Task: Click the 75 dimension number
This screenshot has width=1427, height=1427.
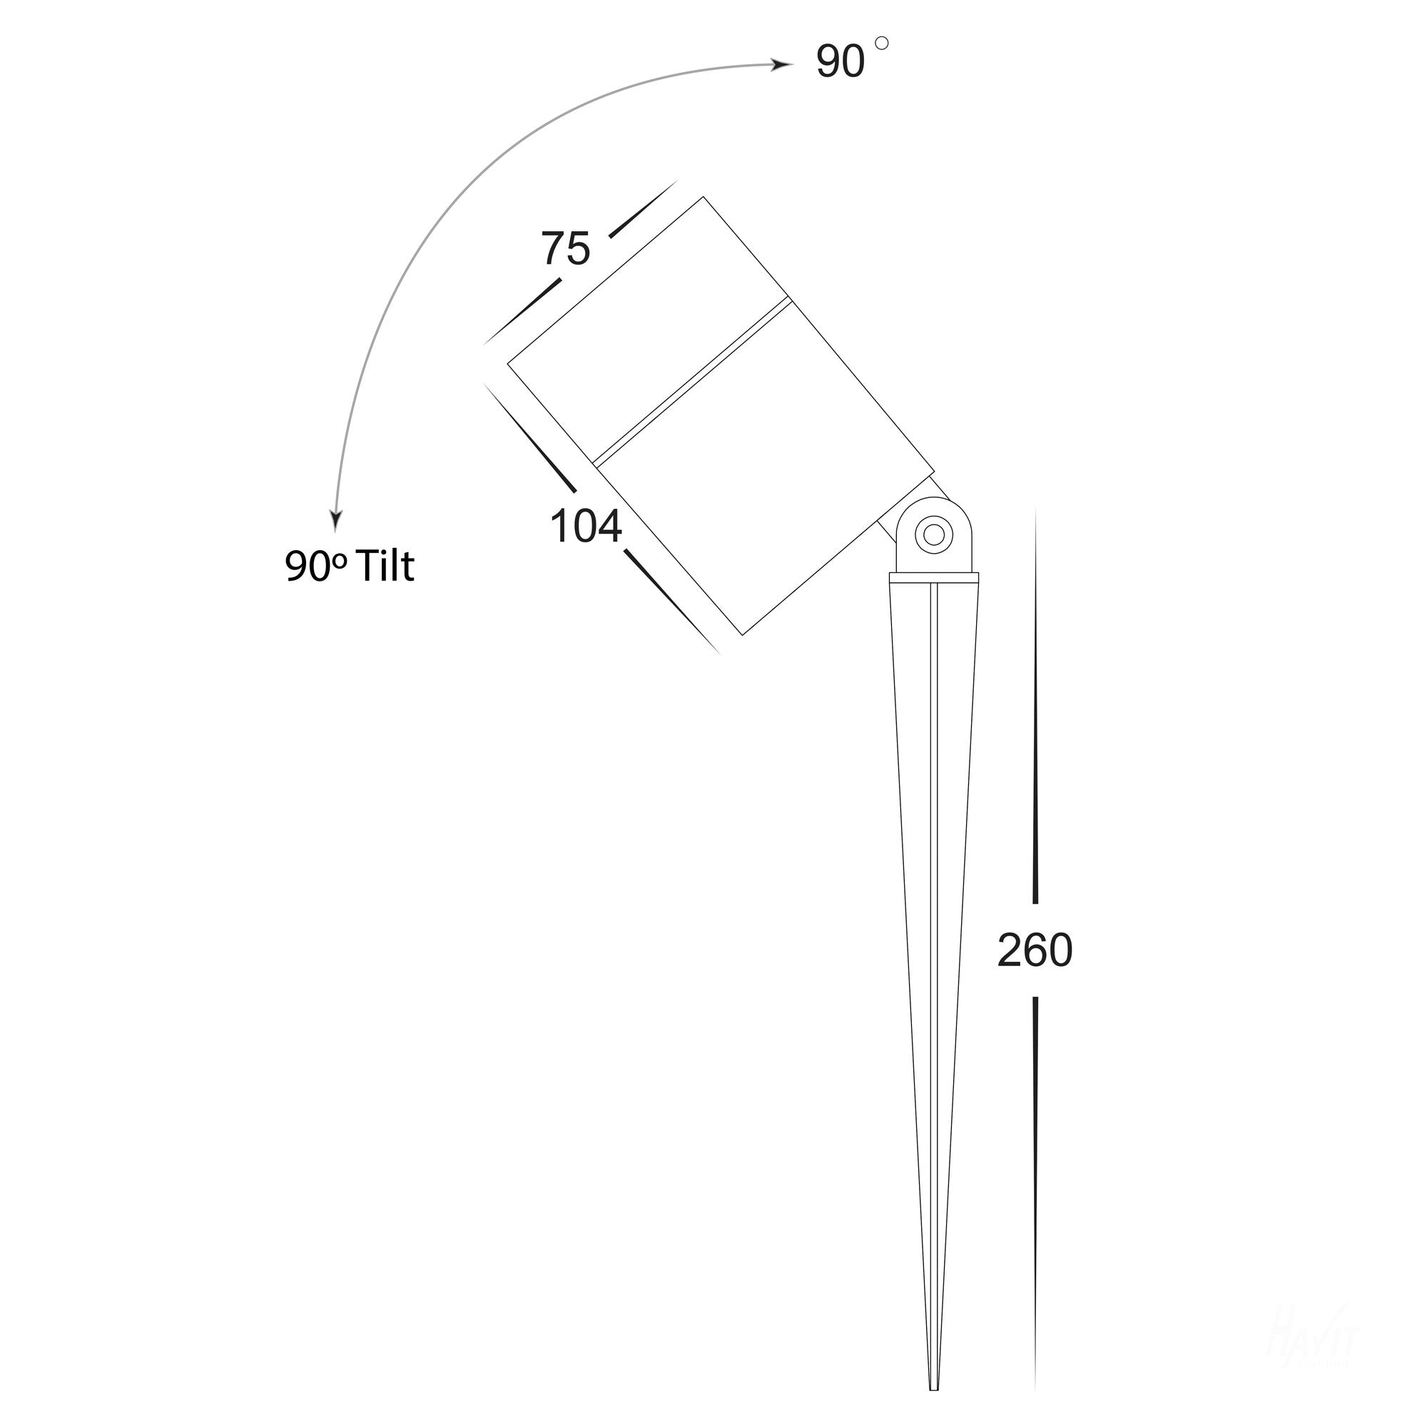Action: click(566, 249)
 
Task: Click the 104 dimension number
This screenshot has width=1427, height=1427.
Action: click(586, 527)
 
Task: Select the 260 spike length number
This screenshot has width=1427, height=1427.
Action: click(1034, 950)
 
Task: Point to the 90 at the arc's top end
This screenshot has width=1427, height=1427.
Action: click(841, 62)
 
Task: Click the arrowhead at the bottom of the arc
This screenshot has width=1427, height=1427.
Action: click(336, 519)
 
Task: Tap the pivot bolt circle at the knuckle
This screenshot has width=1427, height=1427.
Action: click(933, 534)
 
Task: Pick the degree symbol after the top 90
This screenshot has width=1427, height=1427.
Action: click(881, 44)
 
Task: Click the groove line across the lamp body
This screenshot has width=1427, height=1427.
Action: click(692, 382)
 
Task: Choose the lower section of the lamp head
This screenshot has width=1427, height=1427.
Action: click(761, 502)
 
